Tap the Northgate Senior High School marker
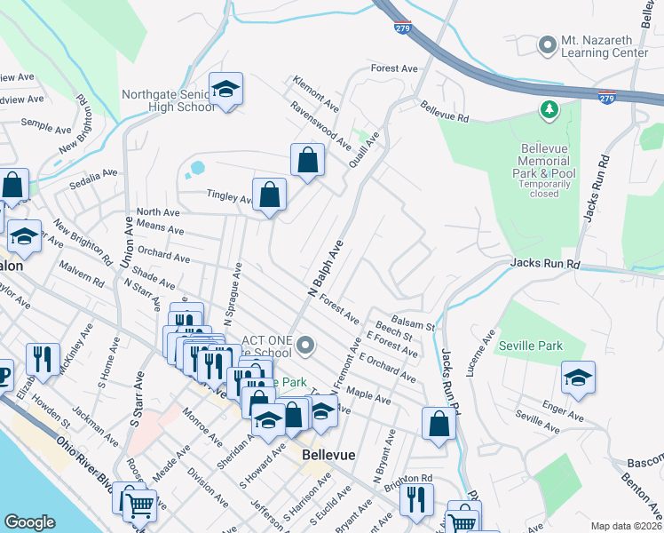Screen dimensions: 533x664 [226, 90]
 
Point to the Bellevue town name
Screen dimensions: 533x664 [328, 455]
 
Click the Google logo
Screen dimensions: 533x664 [29, 522]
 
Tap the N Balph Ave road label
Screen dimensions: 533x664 [325, 267]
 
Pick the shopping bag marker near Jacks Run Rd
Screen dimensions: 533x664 [439, 423]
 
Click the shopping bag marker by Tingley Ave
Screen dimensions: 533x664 [269, 195]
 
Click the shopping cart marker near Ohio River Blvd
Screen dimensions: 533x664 [138, 505]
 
